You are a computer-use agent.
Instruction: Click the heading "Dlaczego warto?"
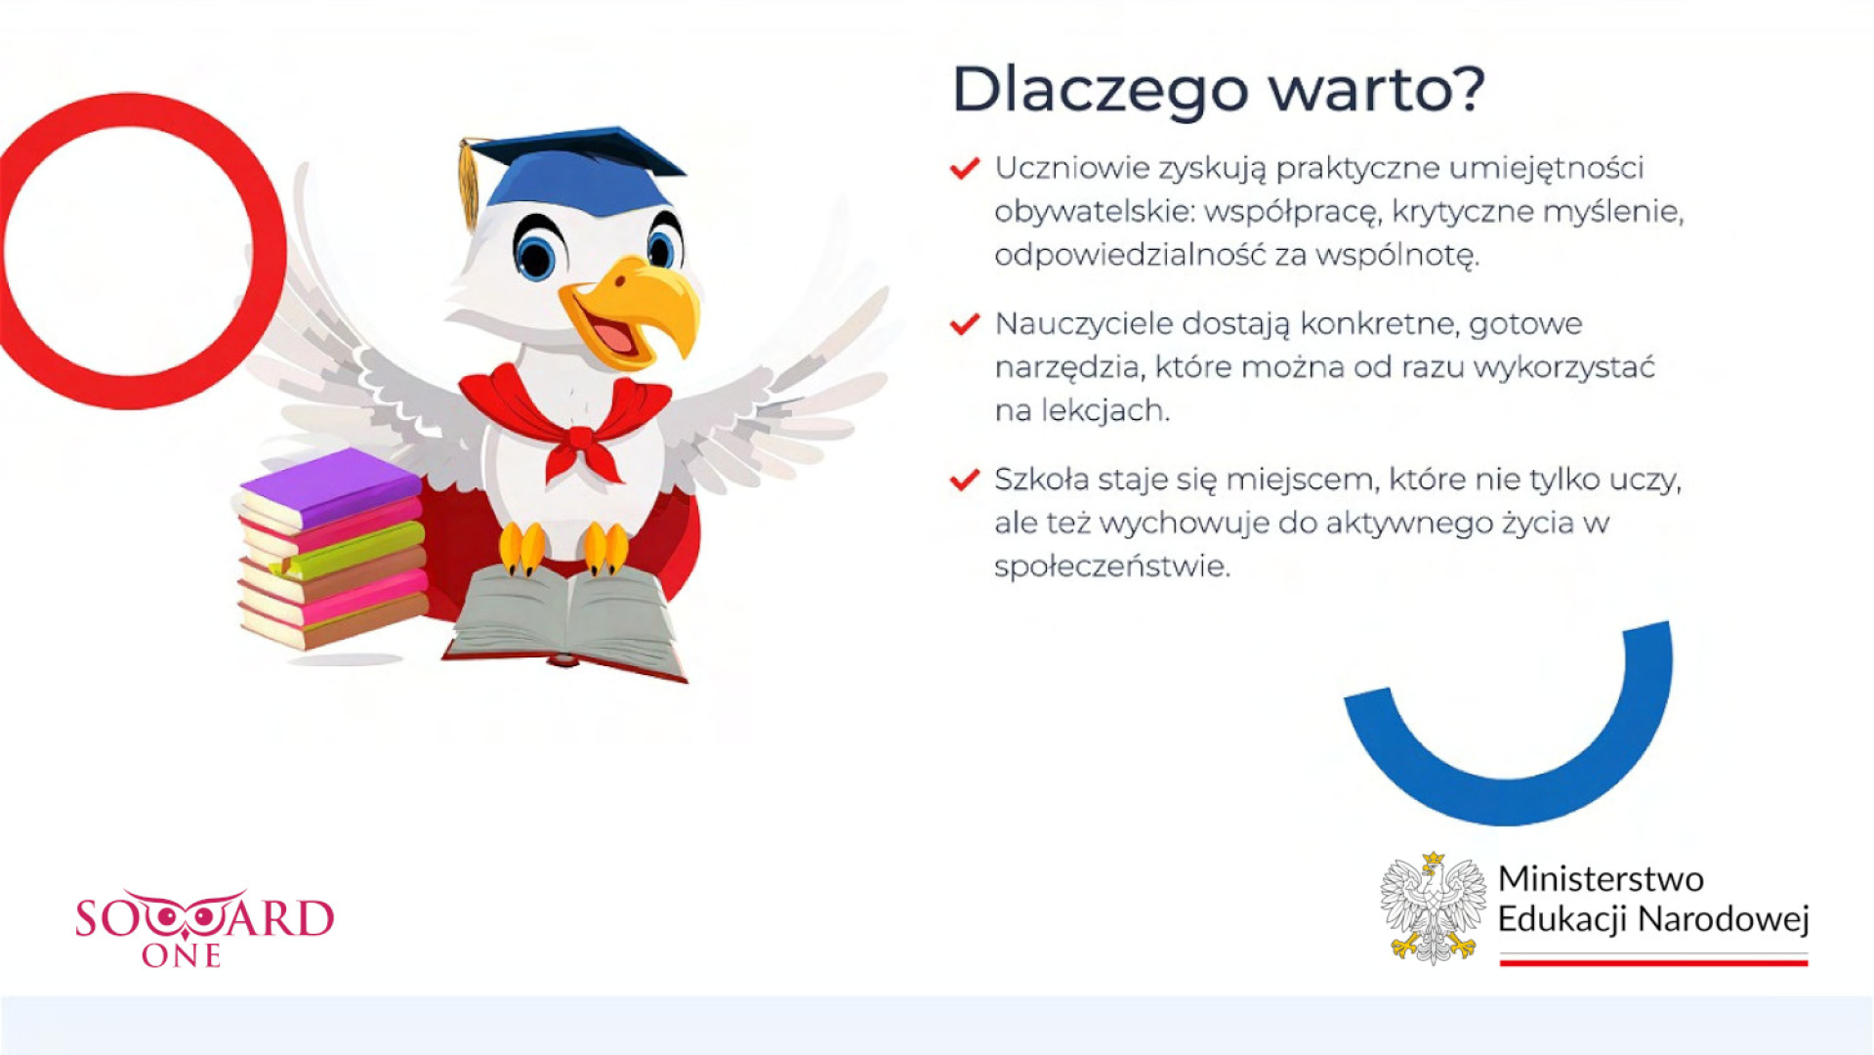pos(1218,91)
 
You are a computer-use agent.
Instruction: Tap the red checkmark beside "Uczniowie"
pos(965,169)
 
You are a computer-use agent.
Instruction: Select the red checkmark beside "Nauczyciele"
pos(965,324)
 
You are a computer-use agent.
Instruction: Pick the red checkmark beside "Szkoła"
pos(965,480)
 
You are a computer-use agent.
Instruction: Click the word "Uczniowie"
pos(1072,168)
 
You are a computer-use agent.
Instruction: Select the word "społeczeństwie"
pos(1112,567)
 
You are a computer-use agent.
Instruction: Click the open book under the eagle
pos(565,623)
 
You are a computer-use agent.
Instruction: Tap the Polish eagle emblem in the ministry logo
pos(1433,908)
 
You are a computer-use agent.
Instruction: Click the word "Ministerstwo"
pos(1601,879)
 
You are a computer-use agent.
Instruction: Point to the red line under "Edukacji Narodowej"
pos(1653,962)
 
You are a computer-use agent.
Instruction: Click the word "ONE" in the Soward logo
pos(182,956)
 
